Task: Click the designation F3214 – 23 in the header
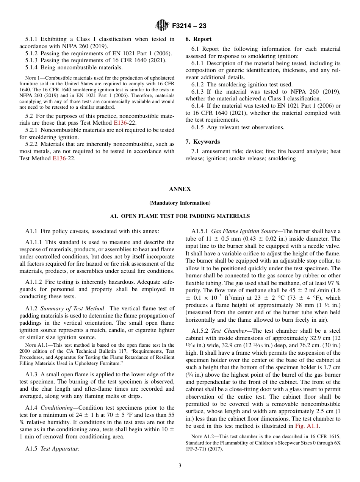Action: (x=189, y=26)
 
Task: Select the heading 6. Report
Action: (x=199, y=39)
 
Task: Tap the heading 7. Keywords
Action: (x=202, y=142)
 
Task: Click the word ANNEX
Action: (x=180, y=189)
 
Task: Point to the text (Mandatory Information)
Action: (x=180, y=203)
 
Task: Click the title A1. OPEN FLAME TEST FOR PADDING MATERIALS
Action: (x=180, y=216)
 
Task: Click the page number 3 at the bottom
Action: (x=180, y=466)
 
